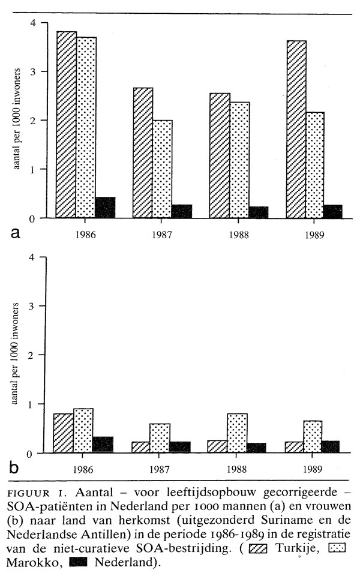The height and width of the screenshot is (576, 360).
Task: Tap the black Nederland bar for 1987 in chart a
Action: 182,211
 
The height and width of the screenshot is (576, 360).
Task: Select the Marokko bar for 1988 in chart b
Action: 238,433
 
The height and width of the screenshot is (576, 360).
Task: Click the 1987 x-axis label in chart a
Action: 163,235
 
